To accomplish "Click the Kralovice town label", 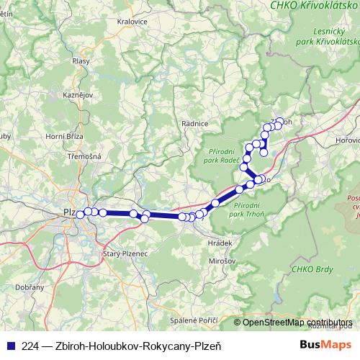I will tap(132, 22).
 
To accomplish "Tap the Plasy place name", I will tap(81, 61).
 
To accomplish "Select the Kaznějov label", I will tap(76, 95).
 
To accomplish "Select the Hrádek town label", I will tap(220, 243).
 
